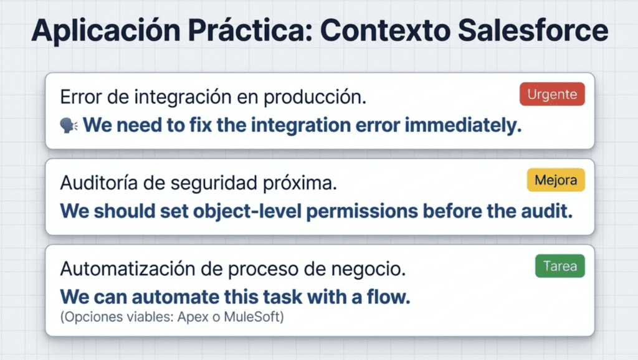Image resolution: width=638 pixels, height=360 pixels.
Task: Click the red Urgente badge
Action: pyautogui.click(x=552, y=94)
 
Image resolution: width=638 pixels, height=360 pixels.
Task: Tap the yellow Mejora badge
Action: pyautogui.click(x=556, y=180)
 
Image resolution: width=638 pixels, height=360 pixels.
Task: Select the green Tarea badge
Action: pyautogui.click(x=560, y=266)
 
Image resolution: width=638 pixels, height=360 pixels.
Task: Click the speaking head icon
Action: pyautogui.click(x=69, y=125)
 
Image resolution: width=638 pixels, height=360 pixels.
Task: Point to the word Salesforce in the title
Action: pyautogui.click(x=533, y=31)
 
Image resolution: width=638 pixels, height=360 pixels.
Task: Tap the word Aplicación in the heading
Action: pyautogui.click(x=106, y=31)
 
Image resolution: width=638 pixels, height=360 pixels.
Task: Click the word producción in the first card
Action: pyautogui.click(x=315, y=97)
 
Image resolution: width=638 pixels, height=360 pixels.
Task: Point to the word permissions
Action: pyautogui.click(x=362, y=212)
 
